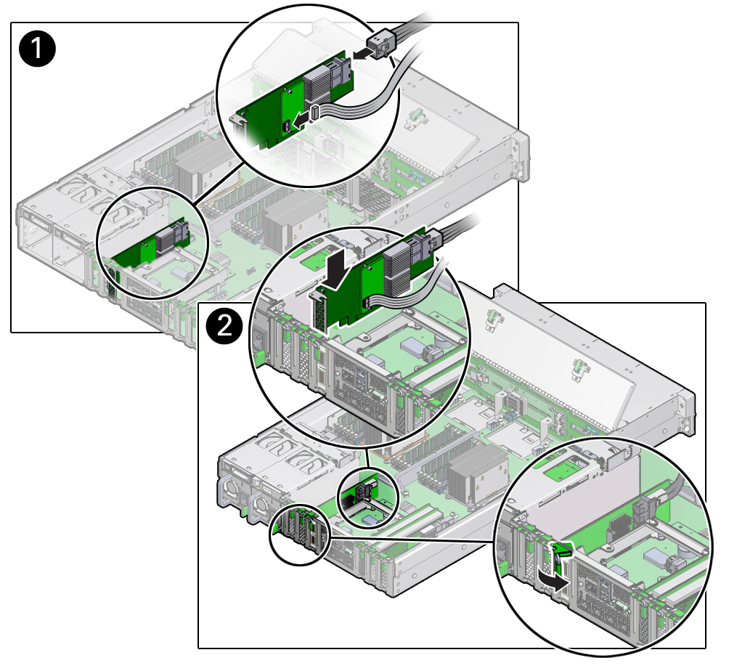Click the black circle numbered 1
click(37, 49)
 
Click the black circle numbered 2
click(225, 327)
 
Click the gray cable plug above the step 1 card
click(380, 44)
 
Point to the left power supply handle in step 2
click(226, 492)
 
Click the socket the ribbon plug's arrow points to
click(287, 125)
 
